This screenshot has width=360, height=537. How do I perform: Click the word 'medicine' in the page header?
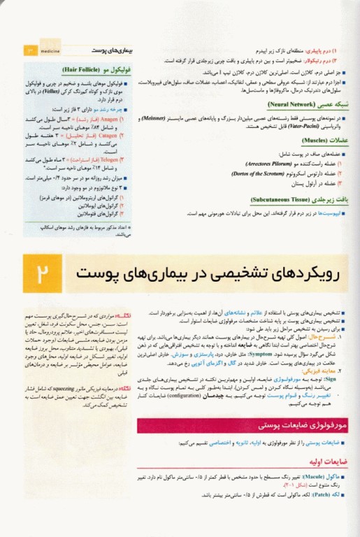[x=51, y=50]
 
